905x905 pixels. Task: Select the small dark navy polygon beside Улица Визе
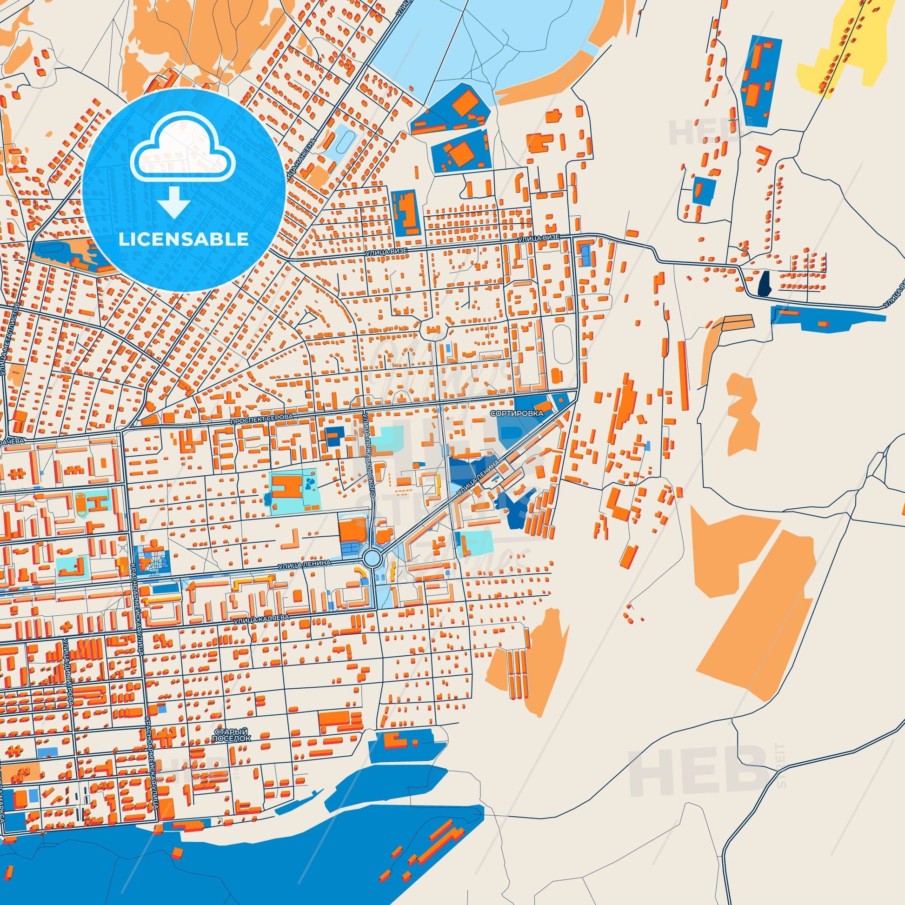coord(764,284)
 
